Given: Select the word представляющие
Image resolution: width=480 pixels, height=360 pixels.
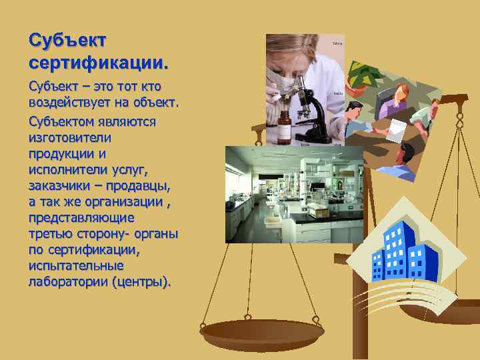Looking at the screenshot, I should point(81,217).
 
